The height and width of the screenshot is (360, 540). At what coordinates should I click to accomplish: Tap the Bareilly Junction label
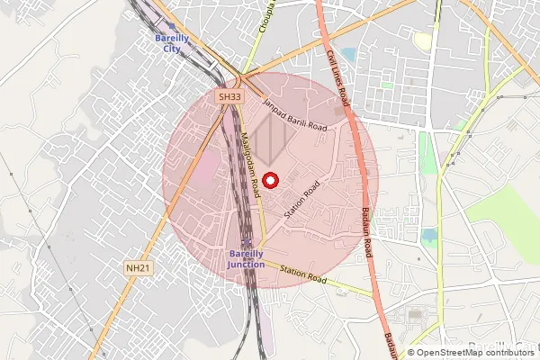246,258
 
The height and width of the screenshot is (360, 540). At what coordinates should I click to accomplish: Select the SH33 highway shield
229,96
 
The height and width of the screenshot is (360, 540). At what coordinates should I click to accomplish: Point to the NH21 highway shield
136,268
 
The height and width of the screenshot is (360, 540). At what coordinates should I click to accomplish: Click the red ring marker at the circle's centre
270,180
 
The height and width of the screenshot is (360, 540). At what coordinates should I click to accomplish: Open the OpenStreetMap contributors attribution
472,352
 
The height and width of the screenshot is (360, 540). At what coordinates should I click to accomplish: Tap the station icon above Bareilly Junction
246,243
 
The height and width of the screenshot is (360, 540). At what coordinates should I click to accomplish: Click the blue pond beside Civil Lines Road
348,56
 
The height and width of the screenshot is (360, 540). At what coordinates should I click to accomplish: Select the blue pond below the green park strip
429,236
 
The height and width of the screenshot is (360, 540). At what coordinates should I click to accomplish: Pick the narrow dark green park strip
427,153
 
